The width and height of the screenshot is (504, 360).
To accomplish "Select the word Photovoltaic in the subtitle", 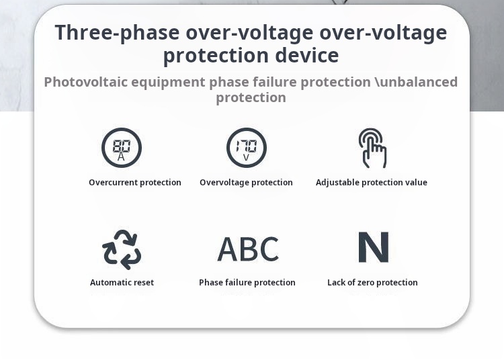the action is [x=86, y=82].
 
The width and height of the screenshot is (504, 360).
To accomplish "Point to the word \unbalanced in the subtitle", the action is [x=416, y=82].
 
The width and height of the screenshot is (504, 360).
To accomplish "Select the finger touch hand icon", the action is [x=372, y=148].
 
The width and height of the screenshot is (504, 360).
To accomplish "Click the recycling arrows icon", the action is [x=122, y=250].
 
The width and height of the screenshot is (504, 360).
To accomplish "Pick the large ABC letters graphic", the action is [x=248, y=249].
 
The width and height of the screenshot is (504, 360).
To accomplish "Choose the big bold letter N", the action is [x=374, y=247].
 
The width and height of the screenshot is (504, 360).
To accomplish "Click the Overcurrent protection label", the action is [x=135, y=183].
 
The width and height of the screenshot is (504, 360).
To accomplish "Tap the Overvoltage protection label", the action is [x=246, y=183].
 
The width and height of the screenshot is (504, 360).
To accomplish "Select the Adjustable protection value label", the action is [x=372, y=183].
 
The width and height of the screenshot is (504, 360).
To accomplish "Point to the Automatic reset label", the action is [x=122, y=283].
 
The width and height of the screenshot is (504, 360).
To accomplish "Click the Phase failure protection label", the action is [x=247, y=283].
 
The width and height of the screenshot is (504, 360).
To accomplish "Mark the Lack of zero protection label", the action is [x=372, y=283].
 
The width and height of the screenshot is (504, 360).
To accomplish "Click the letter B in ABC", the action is [x=249, y=249].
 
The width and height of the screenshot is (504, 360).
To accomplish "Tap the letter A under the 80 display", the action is [x=121, y=156].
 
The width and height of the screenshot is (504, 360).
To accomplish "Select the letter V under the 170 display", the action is [x=246, y=157].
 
